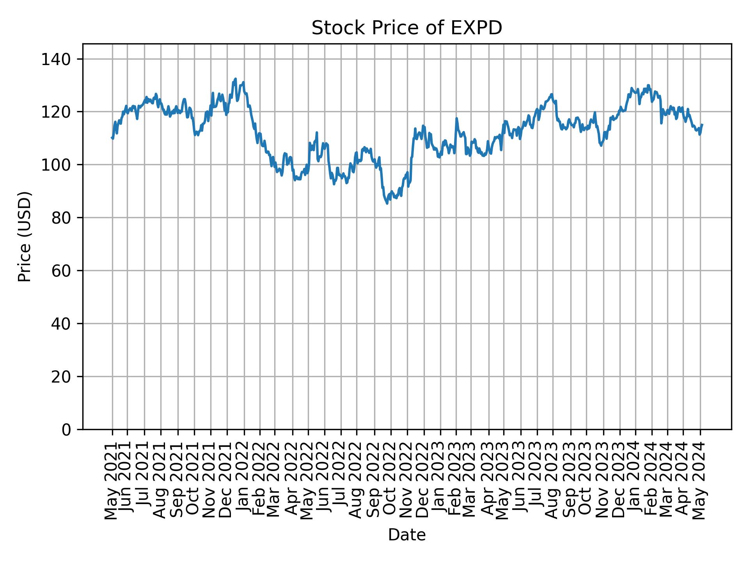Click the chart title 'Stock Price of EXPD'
(x=406, y=28)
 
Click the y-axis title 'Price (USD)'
(x=25, y=236)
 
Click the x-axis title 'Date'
(x=406, y=535)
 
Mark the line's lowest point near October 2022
(x=387, y=203)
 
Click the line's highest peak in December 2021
(x=235, y=79)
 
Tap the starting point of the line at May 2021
(x=112, y=138)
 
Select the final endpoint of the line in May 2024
(x=702, y=125)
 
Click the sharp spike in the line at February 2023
(x=456, y=118)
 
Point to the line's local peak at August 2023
(x=552, y=94)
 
